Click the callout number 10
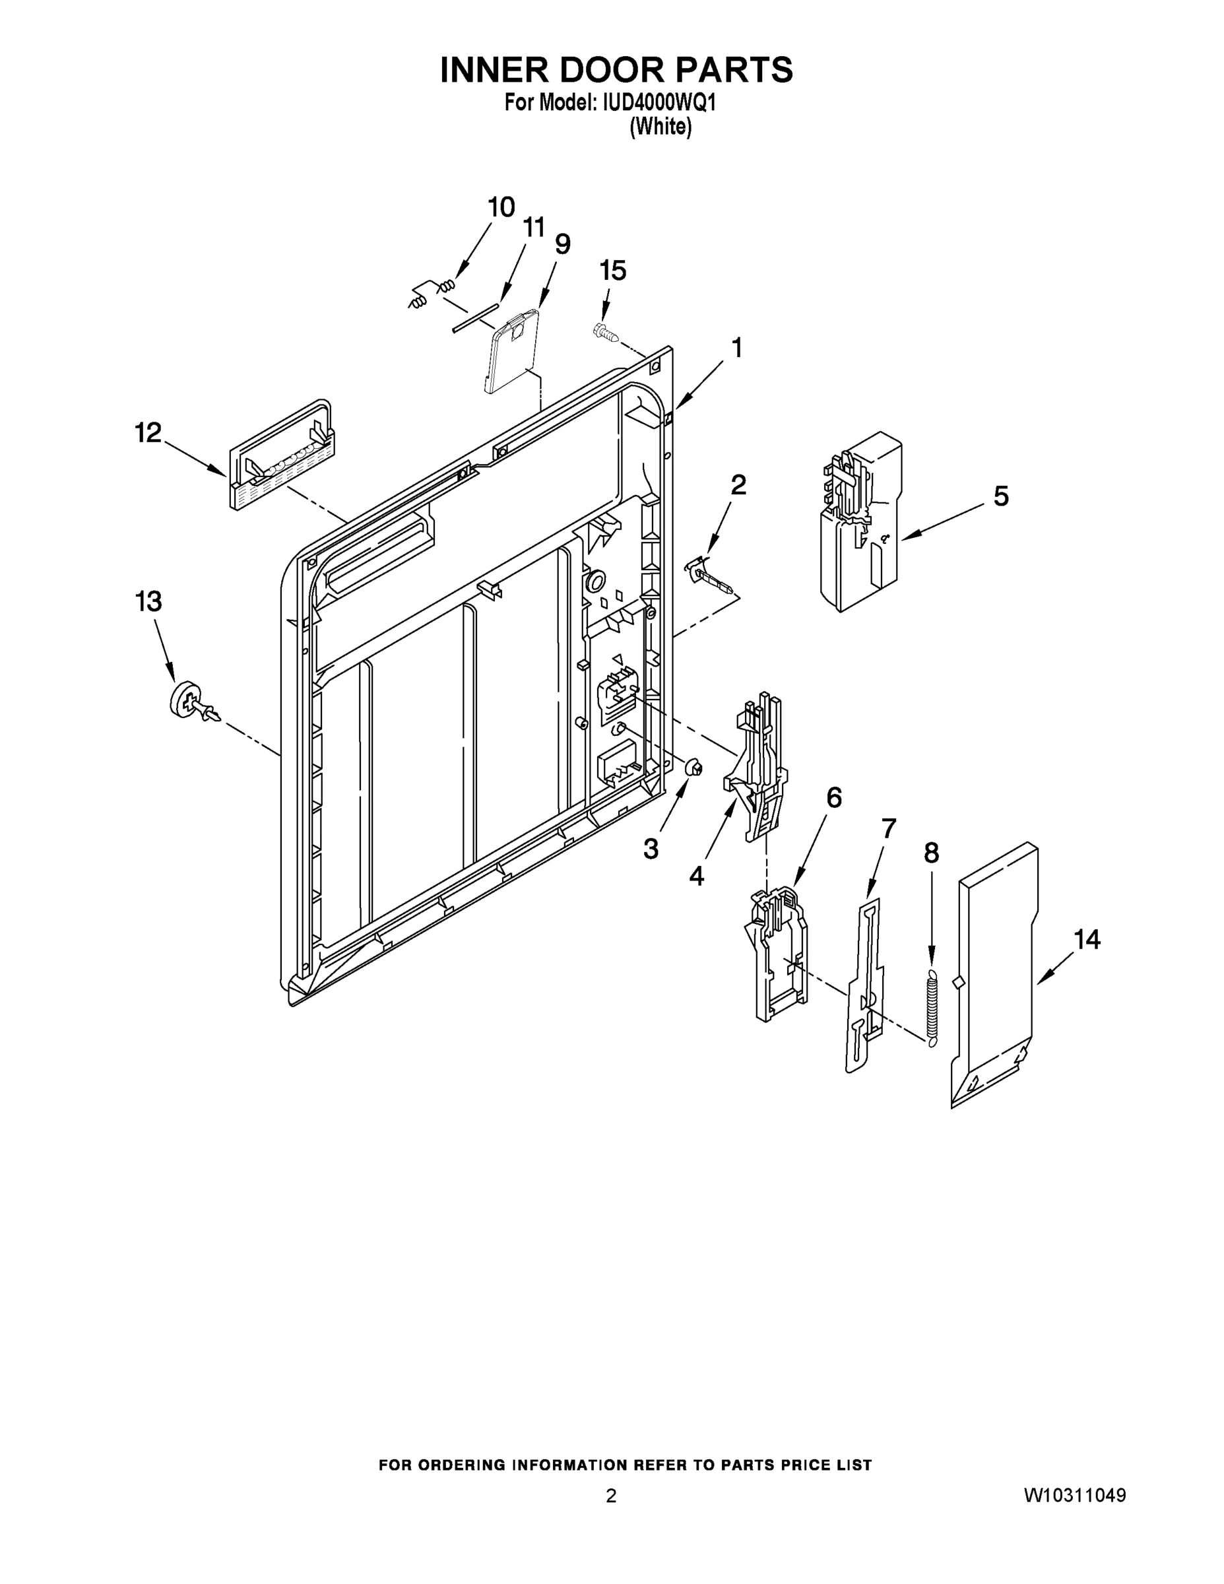(x=500, y=207)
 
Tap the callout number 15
(x=613, y=271)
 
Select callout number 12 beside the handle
(x=148, y=433)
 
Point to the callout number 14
(x=1086, y=939)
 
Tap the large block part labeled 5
(x=862, y=522)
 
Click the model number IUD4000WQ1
(x=659, y=103)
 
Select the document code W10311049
(x=1075, y=1495)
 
